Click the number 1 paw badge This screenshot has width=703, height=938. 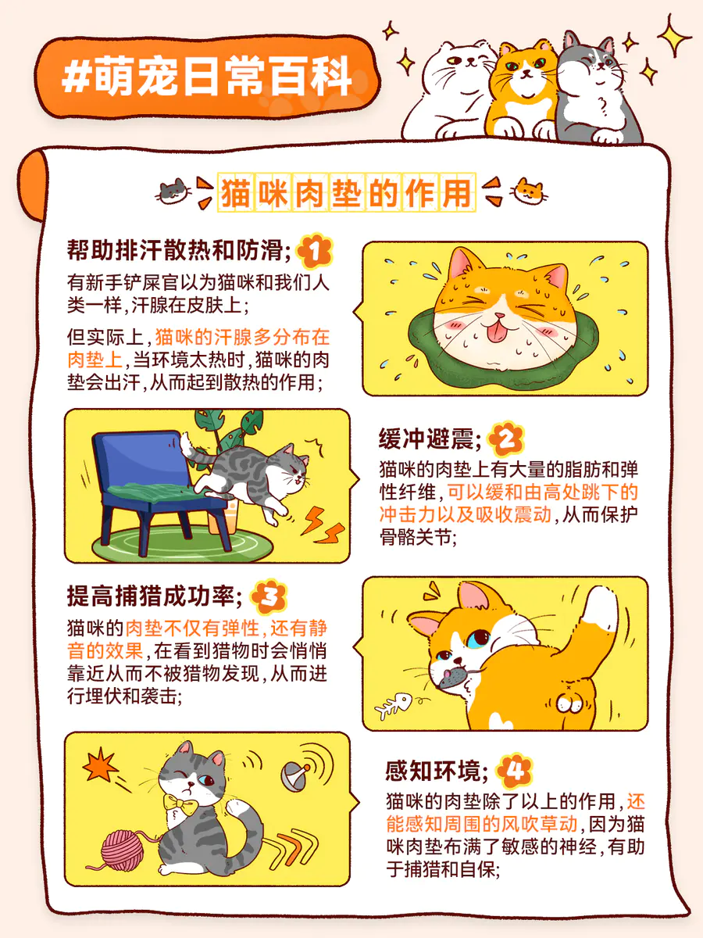pyautogui.click(x=315, y=251)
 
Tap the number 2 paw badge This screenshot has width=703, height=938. pyautogui.click(x=506, y=439)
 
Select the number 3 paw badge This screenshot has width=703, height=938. pyautogui.click(x=269, y=596)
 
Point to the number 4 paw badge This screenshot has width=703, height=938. pyautogui.click(x=515, y=771)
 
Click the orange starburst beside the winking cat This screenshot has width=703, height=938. pyautogui.click(x=100, y=766)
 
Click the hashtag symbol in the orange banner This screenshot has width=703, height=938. pyautogui.click(x=76, y=77)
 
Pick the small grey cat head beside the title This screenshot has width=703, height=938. pyautogui.click(x=173, y=191)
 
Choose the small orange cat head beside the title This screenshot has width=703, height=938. pyautogui.click(x=529, y=191)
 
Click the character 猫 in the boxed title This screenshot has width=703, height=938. pyautogui.click(x=236, y=192)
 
